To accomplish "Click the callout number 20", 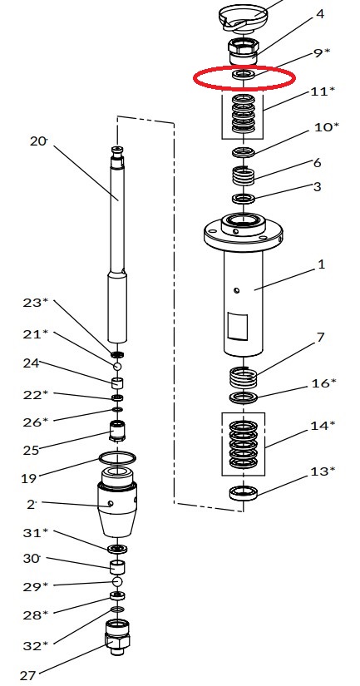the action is click(38, 141).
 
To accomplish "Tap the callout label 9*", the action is click(322, 53).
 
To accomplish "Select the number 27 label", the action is click(27, 675).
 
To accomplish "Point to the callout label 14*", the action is click(323, 425).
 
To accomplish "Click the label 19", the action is click(28, 478).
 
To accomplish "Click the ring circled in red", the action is click(244, 74).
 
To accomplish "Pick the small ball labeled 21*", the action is click(116, 366).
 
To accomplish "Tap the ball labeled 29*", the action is click(116, 581).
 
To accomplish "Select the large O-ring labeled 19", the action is click(116, 458).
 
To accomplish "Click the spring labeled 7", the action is click(244, 378).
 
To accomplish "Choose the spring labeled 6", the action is click(244, 176).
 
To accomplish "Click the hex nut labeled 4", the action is click(244, 52).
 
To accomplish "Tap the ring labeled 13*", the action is click(244, 493).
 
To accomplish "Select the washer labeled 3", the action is click(244, 199).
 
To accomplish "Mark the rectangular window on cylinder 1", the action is click(237, 327).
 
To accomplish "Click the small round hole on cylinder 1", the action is click(237, 290).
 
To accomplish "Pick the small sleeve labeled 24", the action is click(116, 382).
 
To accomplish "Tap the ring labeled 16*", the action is click(244, 397).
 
